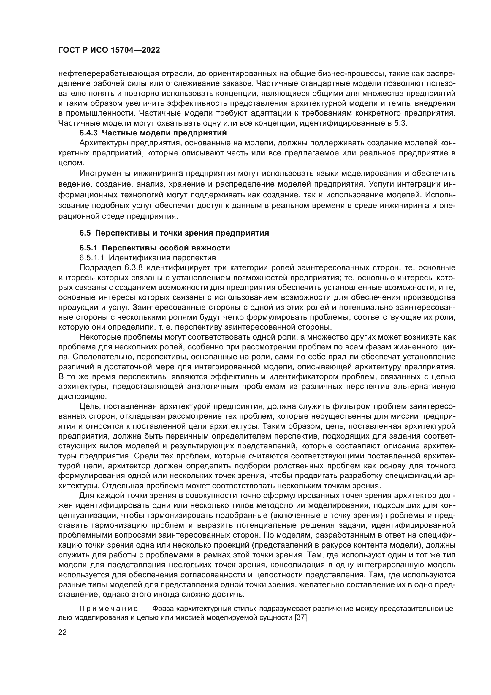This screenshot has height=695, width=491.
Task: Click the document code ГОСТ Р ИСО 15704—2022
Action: click(109, 50)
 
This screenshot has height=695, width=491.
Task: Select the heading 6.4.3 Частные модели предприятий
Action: click(153, 133)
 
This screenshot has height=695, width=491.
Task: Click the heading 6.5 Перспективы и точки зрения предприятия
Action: click(174, 233)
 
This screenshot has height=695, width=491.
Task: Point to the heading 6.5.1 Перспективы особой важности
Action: click(154, 248)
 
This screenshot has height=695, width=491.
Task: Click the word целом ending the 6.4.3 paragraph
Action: click(70, 163)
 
